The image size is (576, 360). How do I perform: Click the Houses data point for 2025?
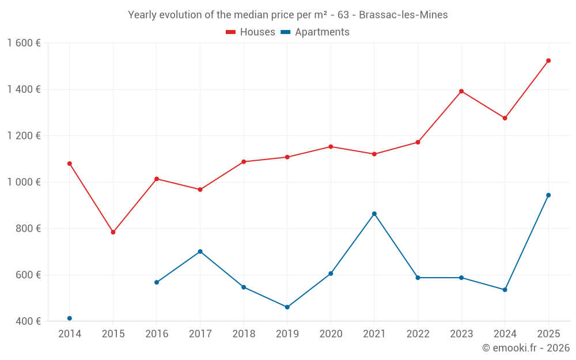point(548,60)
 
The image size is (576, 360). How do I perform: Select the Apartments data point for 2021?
point(374,214)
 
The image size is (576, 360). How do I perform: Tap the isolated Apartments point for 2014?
point(70,319)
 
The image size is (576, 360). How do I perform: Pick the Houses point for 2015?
point(113,232)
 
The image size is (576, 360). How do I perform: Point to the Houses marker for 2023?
point(461,91)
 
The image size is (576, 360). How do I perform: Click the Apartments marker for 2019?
point(287,307)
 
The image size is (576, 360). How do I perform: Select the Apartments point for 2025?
point(548,195)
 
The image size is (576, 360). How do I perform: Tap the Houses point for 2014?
point(70,164)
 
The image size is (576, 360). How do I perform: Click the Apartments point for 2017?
point(200,252)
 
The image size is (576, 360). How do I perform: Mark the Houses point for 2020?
point(331,146)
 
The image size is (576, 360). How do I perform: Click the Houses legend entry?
point(251,32)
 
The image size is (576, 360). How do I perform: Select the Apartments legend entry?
point(315,32)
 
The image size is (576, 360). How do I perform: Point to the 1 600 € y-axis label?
point(24,43)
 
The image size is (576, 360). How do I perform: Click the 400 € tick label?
point(28,321)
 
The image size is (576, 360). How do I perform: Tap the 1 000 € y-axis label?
point(24,182)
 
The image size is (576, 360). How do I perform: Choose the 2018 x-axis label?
point(244,334)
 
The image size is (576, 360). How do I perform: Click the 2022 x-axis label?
point(418,334)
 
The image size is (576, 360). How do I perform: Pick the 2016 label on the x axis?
point(157,334)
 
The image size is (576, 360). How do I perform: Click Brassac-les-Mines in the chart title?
point(403,15)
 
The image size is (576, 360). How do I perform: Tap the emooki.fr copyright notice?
point(525,348)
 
